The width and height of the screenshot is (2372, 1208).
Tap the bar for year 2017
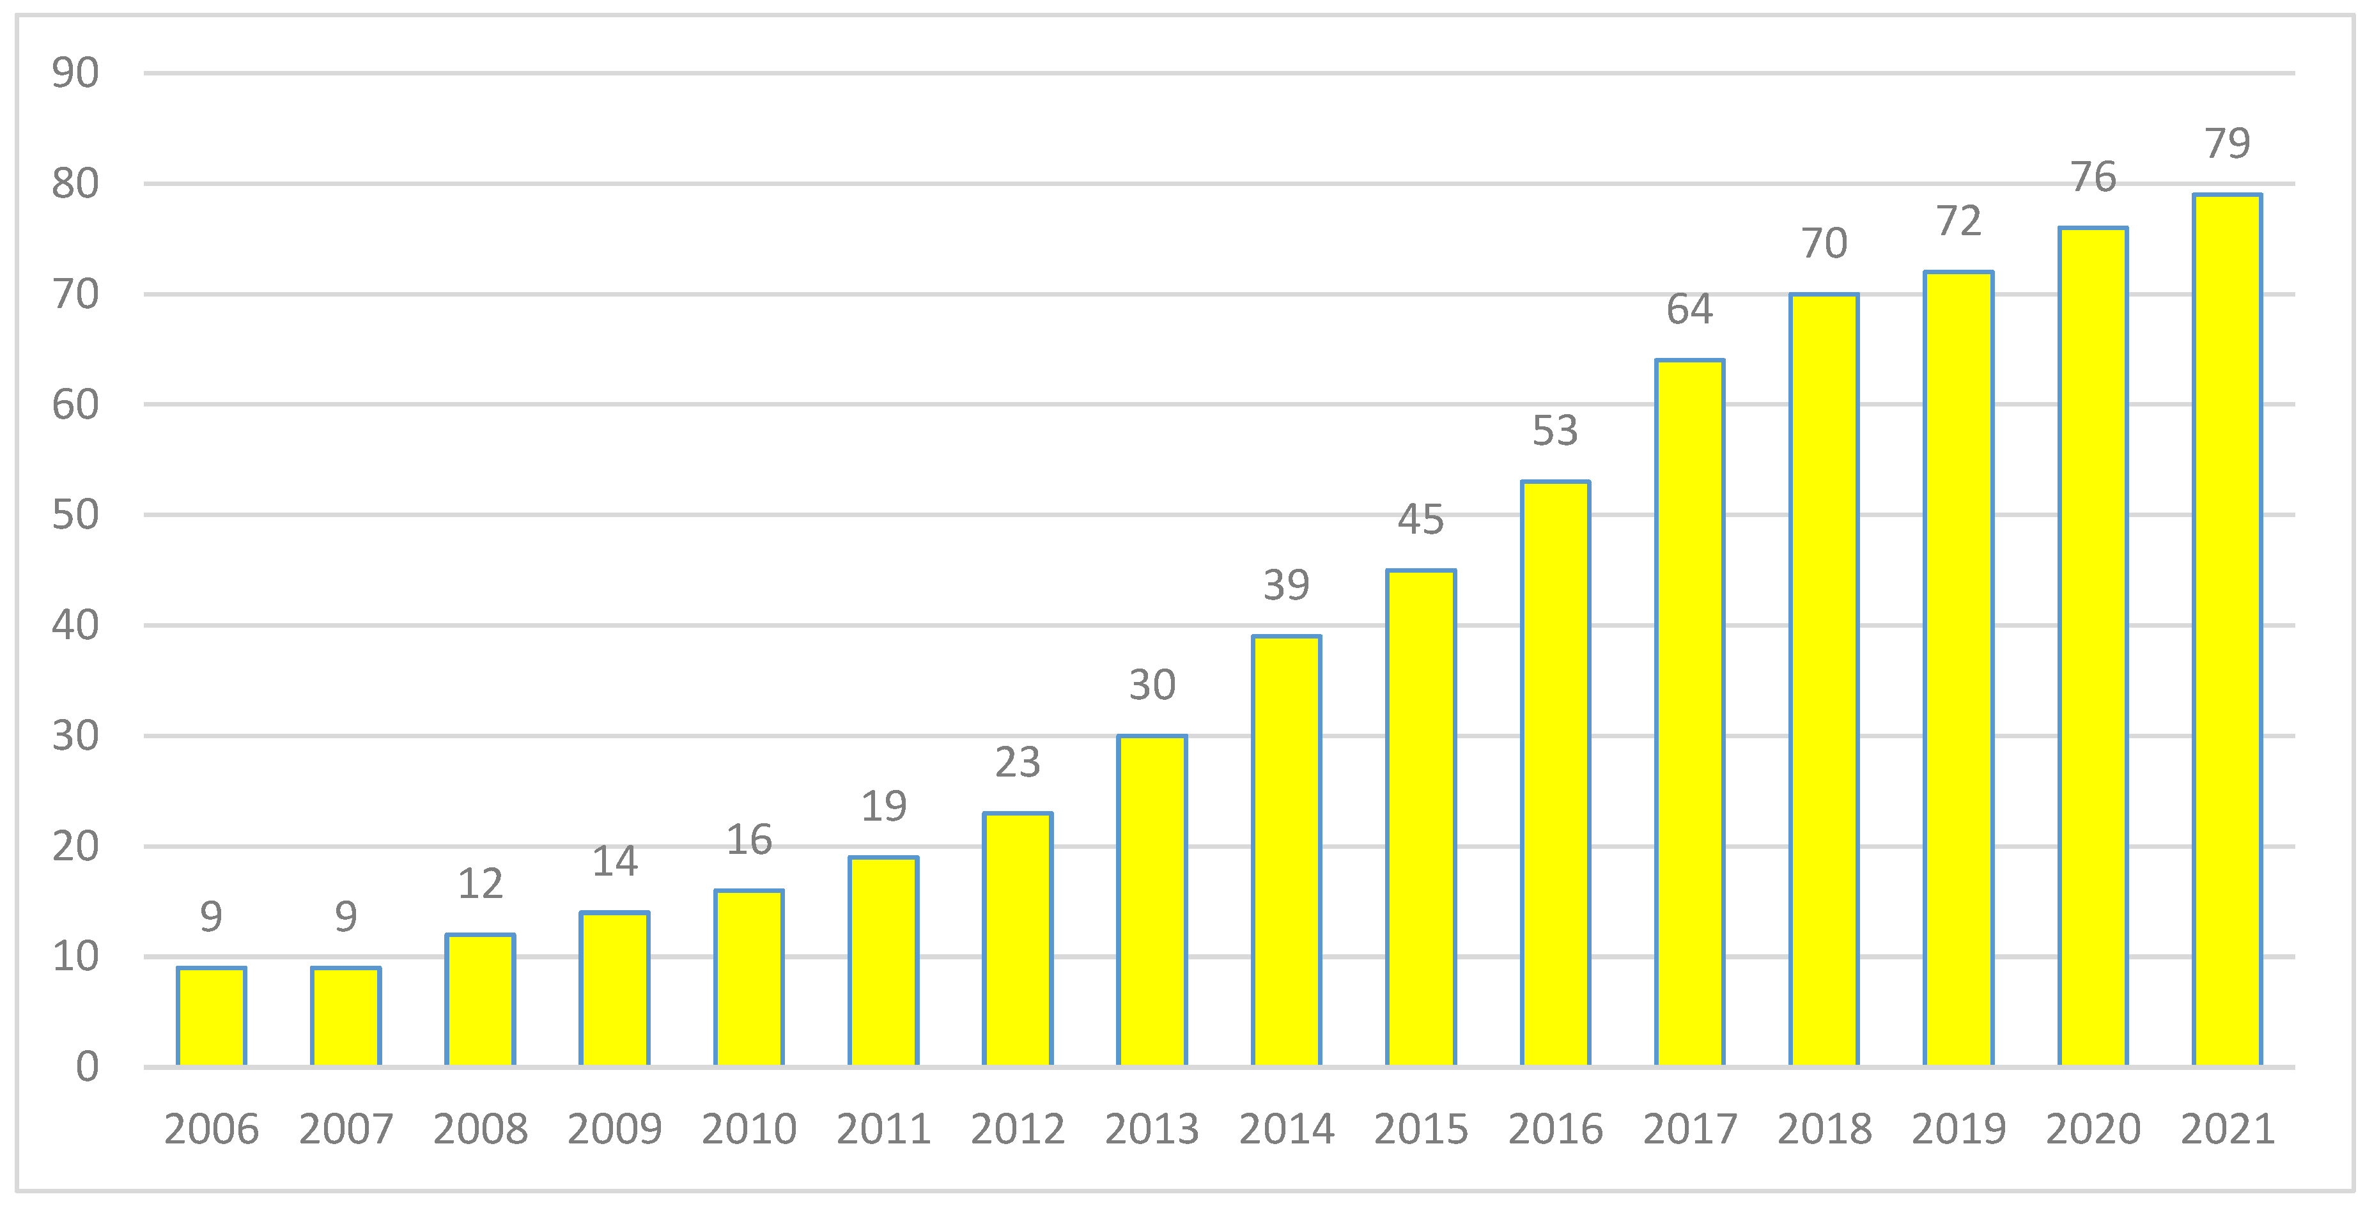click(1690, 713)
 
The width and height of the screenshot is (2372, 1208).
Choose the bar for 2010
click(748, 978)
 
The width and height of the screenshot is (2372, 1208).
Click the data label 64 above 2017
click(1690, 309)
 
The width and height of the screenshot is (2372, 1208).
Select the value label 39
click(1287, 585)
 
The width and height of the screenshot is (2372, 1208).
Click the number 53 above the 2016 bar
click(1555, 431)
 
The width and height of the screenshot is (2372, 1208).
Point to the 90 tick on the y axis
click(75, 73)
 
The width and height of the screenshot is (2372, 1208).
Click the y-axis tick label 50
click(75, 515)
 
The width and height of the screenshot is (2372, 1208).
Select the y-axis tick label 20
click(75, 846)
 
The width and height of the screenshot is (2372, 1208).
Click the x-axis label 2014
click(1287, 1129)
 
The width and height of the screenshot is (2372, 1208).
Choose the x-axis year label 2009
click(614, 1129)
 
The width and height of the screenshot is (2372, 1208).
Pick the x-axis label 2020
click(2093, 1129)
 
